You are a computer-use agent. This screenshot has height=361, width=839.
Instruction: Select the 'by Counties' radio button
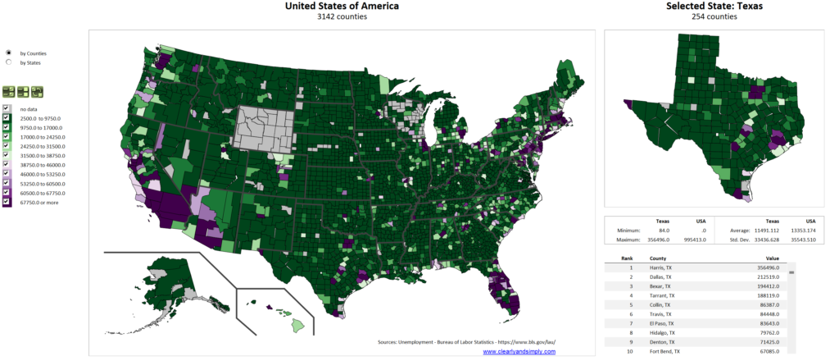click(8, 53)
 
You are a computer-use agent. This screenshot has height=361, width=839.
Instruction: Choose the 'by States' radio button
click(8, 62)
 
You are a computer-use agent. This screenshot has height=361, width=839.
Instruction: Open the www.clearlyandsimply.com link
click(519, 351)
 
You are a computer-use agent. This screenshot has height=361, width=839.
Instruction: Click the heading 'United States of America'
click(342, 7)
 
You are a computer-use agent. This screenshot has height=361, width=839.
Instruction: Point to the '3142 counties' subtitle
click(342, 16)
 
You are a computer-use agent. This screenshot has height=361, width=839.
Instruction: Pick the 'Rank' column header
click(627, 258)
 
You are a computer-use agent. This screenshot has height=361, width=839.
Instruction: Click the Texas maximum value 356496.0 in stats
click(669, 240)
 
